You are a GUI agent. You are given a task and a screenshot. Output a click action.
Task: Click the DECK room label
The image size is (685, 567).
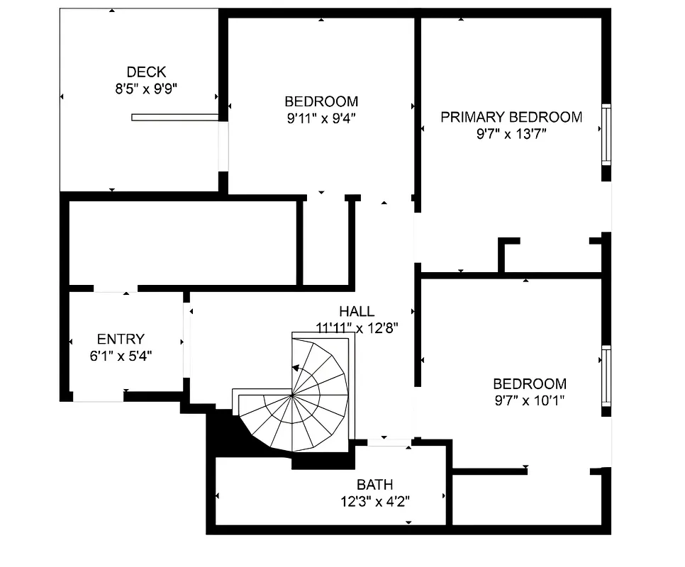pyautogui.click(x=146, y=72)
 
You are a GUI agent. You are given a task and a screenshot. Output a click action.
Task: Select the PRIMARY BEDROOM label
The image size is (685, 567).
pyautogui.click(x=511, y=117)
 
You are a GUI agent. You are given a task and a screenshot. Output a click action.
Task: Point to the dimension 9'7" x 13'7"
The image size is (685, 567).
pyautogui.click(x=511, y=134)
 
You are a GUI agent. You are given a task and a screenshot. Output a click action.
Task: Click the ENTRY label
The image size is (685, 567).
pyautogui.click(x=121, y=339)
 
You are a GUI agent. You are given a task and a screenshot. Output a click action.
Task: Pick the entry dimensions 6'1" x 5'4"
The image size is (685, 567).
pyautogui.click(x=121, y=356)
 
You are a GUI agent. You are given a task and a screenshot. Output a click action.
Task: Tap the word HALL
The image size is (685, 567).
pyautogui.click(x=357, y=311)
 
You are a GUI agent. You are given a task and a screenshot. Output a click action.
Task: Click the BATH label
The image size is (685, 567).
pyautogui.click(x=375, y=485)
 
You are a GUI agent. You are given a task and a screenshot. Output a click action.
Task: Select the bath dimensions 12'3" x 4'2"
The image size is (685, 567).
pyautogui.click(x=375, y=501)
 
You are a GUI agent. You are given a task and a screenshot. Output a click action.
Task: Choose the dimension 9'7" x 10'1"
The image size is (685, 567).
pyautogui.click(x=530, y=400)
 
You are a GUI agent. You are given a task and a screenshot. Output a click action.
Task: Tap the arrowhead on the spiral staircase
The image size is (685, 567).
pyautogui.click(x=294, y=368)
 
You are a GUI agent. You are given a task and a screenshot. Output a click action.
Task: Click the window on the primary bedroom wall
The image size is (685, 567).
pyautogui.click(x=606, y=135)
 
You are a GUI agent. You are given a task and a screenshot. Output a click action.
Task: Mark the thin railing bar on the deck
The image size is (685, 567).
pyautogui.click(x=174, y=118)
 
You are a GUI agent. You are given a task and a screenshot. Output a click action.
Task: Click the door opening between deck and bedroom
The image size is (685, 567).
pyautogui.click(x=223, y=146)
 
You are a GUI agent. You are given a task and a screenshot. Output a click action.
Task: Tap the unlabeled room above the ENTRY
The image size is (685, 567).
pyautogui.click(x=182, y=242)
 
